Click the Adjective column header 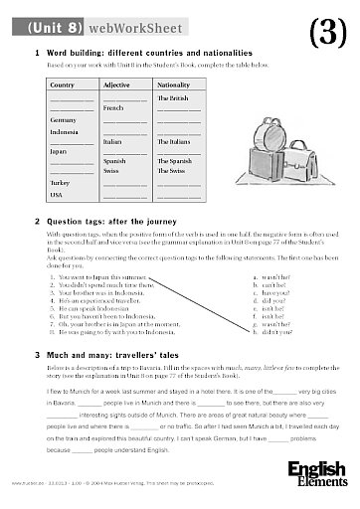(x=118, y=86)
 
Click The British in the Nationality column (x=173, y=99)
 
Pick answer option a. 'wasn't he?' (x=266, y=277)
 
